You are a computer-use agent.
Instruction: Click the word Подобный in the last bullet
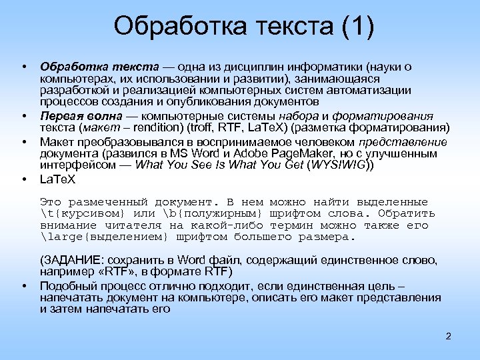[67, 285]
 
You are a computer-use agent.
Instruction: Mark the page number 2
[449, 335]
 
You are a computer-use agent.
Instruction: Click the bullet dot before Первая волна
[24, 115]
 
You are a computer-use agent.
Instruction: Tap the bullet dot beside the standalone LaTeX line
[24, 179]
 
